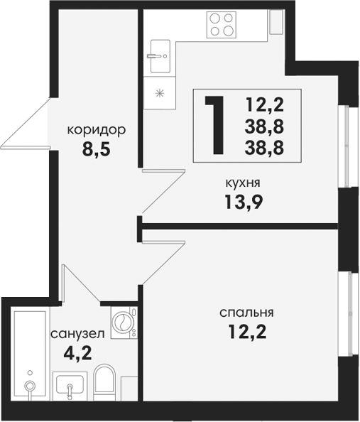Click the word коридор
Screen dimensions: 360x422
point(97,131)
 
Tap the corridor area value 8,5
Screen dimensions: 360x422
point(97,148)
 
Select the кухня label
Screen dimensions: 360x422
point(243,183)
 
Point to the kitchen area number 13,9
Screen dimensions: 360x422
point(244,202)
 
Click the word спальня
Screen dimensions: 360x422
point(246,313)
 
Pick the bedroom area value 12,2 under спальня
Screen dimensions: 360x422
point(247,332)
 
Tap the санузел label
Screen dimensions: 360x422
point(77,335)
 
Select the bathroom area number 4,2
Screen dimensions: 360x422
point(78,353)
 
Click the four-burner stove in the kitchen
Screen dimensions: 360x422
point(221,25)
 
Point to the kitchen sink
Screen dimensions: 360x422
point(160,56)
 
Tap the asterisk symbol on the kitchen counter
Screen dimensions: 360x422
point(160,93)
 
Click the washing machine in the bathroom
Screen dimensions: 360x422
point(124,323)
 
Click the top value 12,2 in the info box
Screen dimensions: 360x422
point(264,104)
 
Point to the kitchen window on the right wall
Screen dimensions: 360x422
point(347,146)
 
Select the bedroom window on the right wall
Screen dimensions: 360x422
point(348,314)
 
